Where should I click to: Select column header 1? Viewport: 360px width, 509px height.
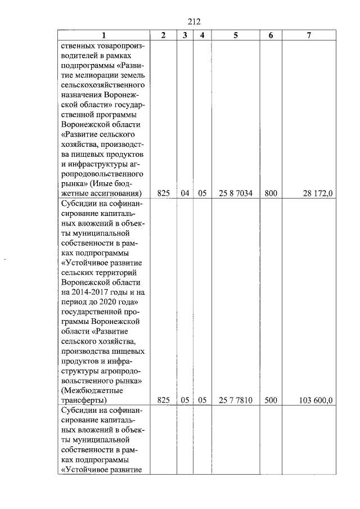pyautogui.click(x=103, y=35)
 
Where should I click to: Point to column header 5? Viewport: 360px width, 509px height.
pyautogui.click(x=236, y=35)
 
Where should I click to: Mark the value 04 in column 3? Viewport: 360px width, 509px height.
pyautogui.click(x=184, y=193)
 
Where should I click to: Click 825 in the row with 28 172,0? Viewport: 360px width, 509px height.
pyautogui.click(x=163, y=193)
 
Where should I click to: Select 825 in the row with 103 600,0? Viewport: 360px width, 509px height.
pyautogui.click(x=163, y=400)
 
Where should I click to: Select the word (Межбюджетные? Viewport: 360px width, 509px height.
pyautogui.click(x=92, y=390)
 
